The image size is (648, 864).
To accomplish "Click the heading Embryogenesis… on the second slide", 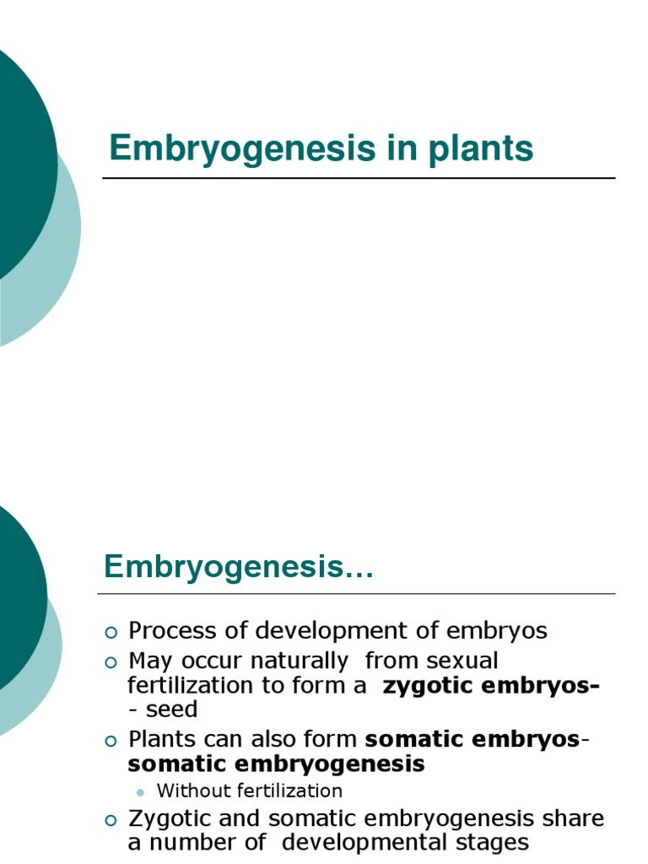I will point(238,567).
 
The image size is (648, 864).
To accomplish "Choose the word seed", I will point(171,710).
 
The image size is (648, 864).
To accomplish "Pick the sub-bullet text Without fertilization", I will point(250,791).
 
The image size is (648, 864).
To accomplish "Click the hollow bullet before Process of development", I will point(111,632).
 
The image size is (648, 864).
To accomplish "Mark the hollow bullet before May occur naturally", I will point(111,661).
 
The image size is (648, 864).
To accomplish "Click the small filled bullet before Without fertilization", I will point(140,791).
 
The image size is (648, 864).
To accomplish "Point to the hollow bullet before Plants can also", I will point(111,741).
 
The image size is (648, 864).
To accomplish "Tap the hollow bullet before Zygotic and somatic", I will point(111,820).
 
